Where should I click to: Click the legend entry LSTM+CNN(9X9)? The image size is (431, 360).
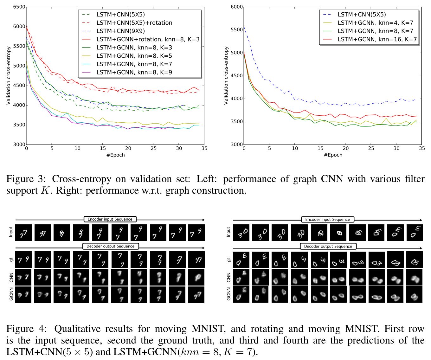tap(120, 31)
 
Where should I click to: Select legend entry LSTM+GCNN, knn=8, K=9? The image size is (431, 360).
tap(134, 72)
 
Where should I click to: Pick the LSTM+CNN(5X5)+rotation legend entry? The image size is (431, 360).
tap(134, 23)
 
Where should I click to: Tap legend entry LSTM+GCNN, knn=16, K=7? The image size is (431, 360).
tap(377, 39)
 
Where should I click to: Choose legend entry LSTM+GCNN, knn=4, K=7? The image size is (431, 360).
tap(375, 23)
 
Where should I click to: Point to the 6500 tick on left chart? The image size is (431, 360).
tap(19, 7)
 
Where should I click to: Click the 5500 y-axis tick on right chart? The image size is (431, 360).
tap(236, 30)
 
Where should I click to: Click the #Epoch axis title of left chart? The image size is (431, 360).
tap(115, 155)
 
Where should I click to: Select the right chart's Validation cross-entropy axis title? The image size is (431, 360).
tap(226, 75)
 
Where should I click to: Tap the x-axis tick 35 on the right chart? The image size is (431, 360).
tap(421, 148)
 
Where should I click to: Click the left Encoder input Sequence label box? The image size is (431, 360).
tap(110, 219)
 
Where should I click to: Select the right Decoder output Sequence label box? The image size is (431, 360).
tap(328, 246)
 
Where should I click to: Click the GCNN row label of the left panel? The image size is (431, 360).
tap(11, 294)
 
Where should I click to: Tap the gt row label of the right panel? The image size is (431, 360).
tap(229, 260)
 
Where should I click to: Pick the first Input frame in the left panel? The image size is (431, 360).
tap(23, 233)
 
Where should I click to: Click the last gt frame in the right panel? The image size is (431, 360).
tap(415, 260)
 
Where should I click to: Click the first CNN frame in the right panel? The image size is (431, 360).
tap(241, 277)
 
